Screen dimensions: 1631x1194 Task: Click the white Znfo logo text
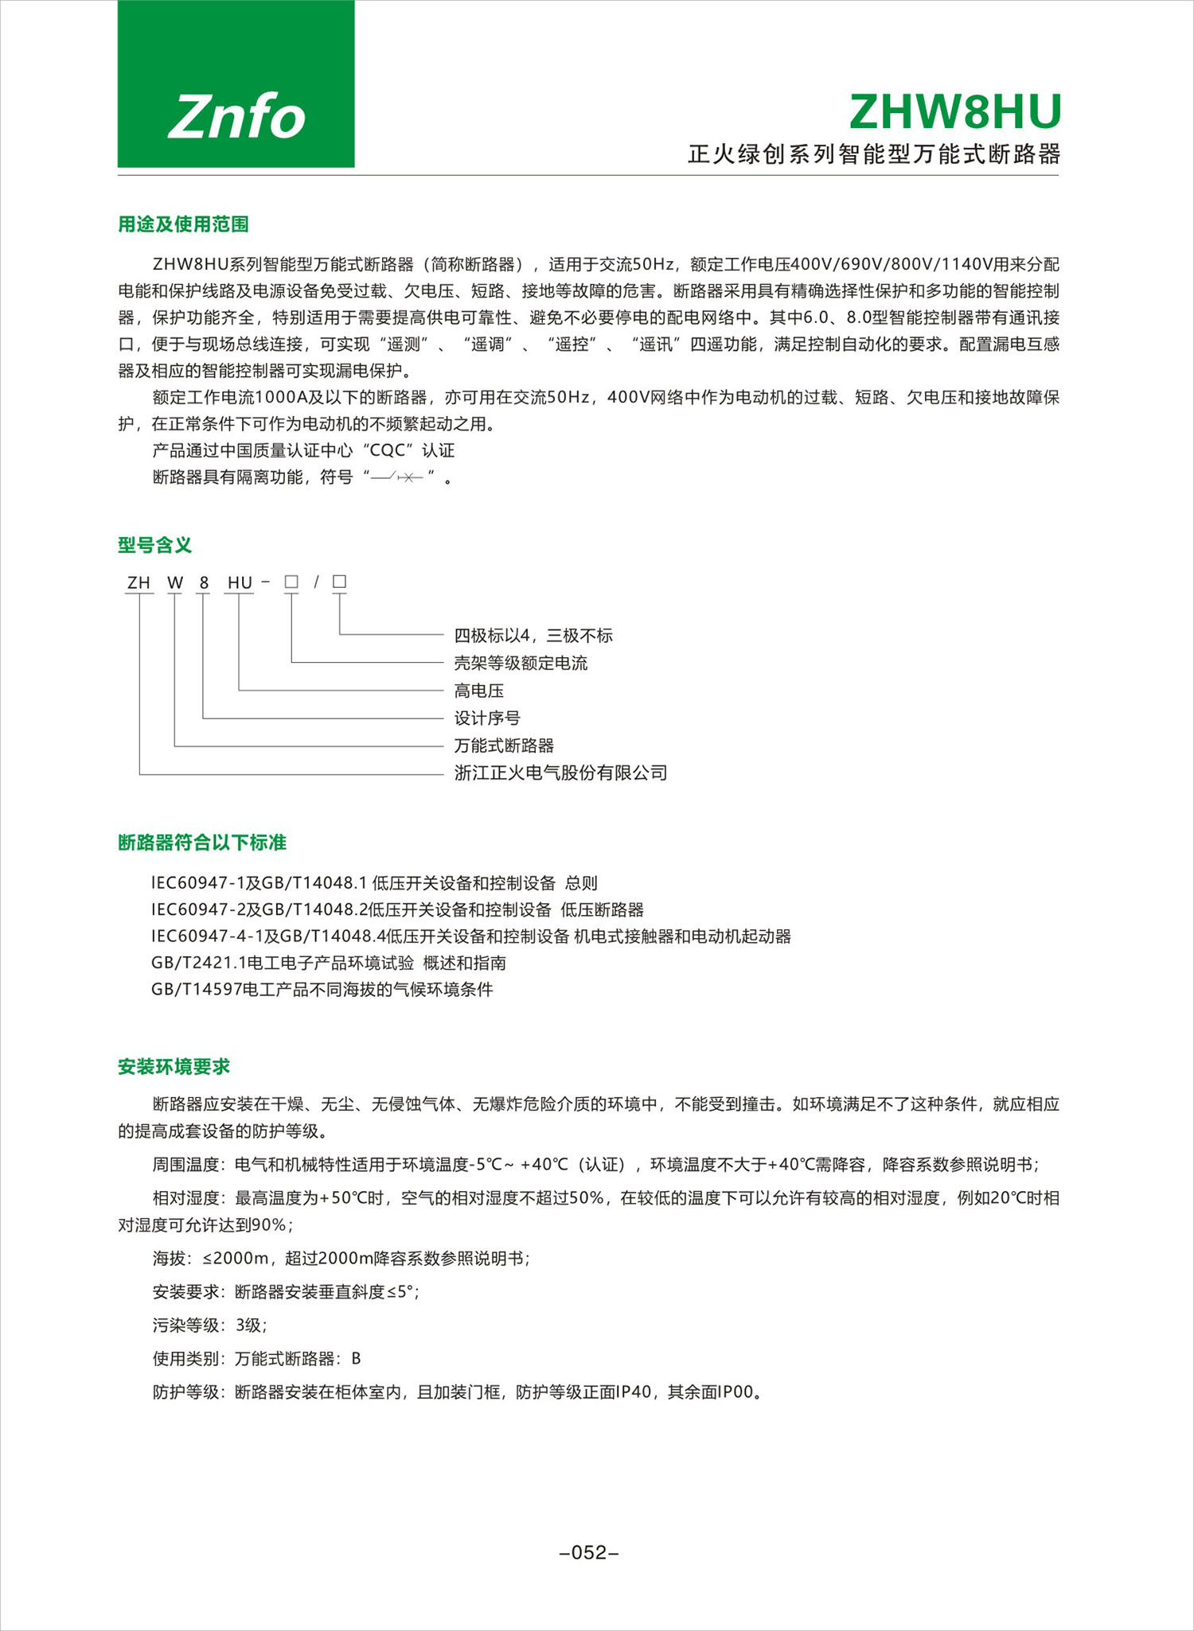(x=236, y=117)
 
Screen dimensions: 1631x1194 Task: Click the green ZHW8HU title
(x=955, y=112)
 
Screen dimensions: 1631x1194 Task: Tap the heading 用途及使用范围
(x=183, y=224)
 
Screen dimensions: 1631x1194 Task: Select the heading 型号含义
(x=154, y=545)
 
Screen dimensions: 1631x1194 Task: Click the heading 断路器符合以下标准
(x=201, y=843)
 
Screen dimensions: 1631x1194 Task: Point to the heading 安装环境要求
(x=174, y=1067)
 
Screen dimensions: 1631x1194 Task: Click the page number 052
(x=589, y=1552)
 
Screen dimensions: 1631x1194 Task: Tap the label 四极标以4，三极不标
(x=533, y=635)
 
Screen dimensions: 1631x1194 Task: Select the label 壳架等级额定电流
(x=521, y=663)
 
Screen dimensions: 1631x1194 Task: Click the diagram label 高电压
(x=478, y=691)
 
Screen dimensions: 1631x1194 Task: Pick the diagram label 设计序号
(x=487, y=718)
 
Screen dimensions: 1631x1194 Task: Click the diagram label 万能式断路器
(x=504, y=745)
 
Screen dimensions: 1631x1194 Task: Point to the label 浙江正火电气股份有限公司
(x=560, y=773)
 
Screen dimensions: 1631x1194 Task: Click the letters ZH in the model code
(x=139, y=582)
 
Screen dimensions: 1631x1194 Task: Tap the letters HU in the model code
(x=240, y=582)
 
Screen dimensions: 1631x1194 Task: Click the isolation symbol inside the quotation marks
(x=398, y=477)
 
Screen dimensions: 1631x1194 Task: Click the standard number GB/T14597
(x=196, y=990)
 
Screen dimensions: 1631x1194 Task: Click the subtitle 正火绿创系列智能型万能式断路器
(x=873, y=154)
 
